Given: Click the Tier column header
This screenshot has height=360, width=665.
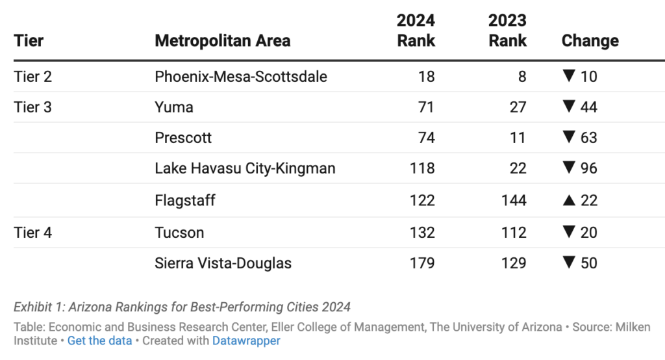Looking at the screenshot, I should point(29,41).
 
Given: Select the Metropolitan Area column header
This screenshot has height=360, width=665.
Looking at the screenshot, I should point(222,41).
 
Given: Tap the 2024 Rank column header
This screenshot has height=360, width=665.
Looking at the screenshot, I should point(416,31).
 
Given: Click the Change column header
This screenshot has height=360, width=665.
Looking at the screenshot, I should point(590,41).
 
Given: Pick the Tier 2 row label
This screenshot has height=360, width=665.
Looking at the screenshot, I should point(32,77).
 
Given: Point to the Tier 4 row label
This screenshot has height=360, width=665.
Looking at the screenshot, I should point(32,233).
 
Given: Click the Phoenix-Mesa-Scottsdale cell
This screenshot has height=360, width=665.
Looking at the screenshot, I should point(240,77).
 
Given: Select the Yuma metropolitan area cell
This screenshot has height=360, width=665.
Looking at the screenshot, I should point(173,107).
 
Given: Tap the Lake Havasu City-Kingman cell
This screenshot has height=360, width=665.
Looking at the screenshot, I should point(245,169).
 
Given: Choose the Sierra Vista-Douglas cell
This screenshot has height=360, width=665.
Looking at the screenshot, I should point(223,263).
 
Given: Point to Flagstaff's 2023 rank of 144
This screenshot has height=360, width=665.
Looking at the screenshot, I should point(514,201).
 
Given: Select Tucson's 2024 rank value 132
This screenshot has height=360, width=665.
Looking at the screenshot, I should point(422,233).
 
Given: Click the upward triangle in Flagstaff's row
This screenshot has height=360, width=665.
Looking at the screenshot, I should point(568,201).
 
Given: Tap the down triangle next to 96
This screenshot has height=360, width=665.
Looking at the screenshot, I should point(569,169).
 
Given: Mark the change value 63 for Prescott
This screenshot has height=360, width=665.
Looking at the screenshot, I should point(589,138).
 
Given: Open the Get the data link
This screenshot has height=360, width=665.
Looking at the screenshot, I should point(99,341).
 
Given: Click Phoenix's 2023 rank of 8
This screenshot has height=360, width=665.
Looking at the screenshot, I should point(521,77).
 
